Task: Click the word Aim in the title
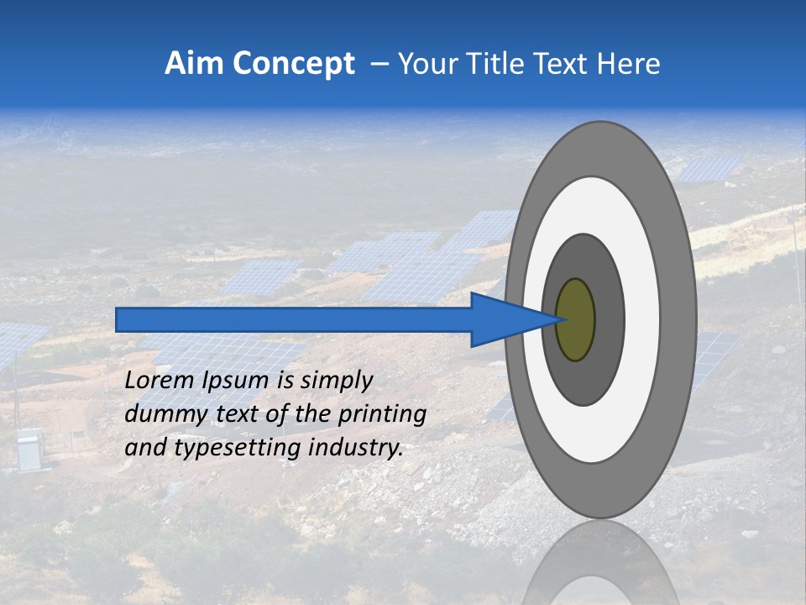193,64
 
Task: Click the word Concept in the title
291,64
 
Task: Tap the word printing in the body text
382,415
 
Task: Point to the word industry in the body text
356,448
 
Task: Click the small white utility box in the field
29,450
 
